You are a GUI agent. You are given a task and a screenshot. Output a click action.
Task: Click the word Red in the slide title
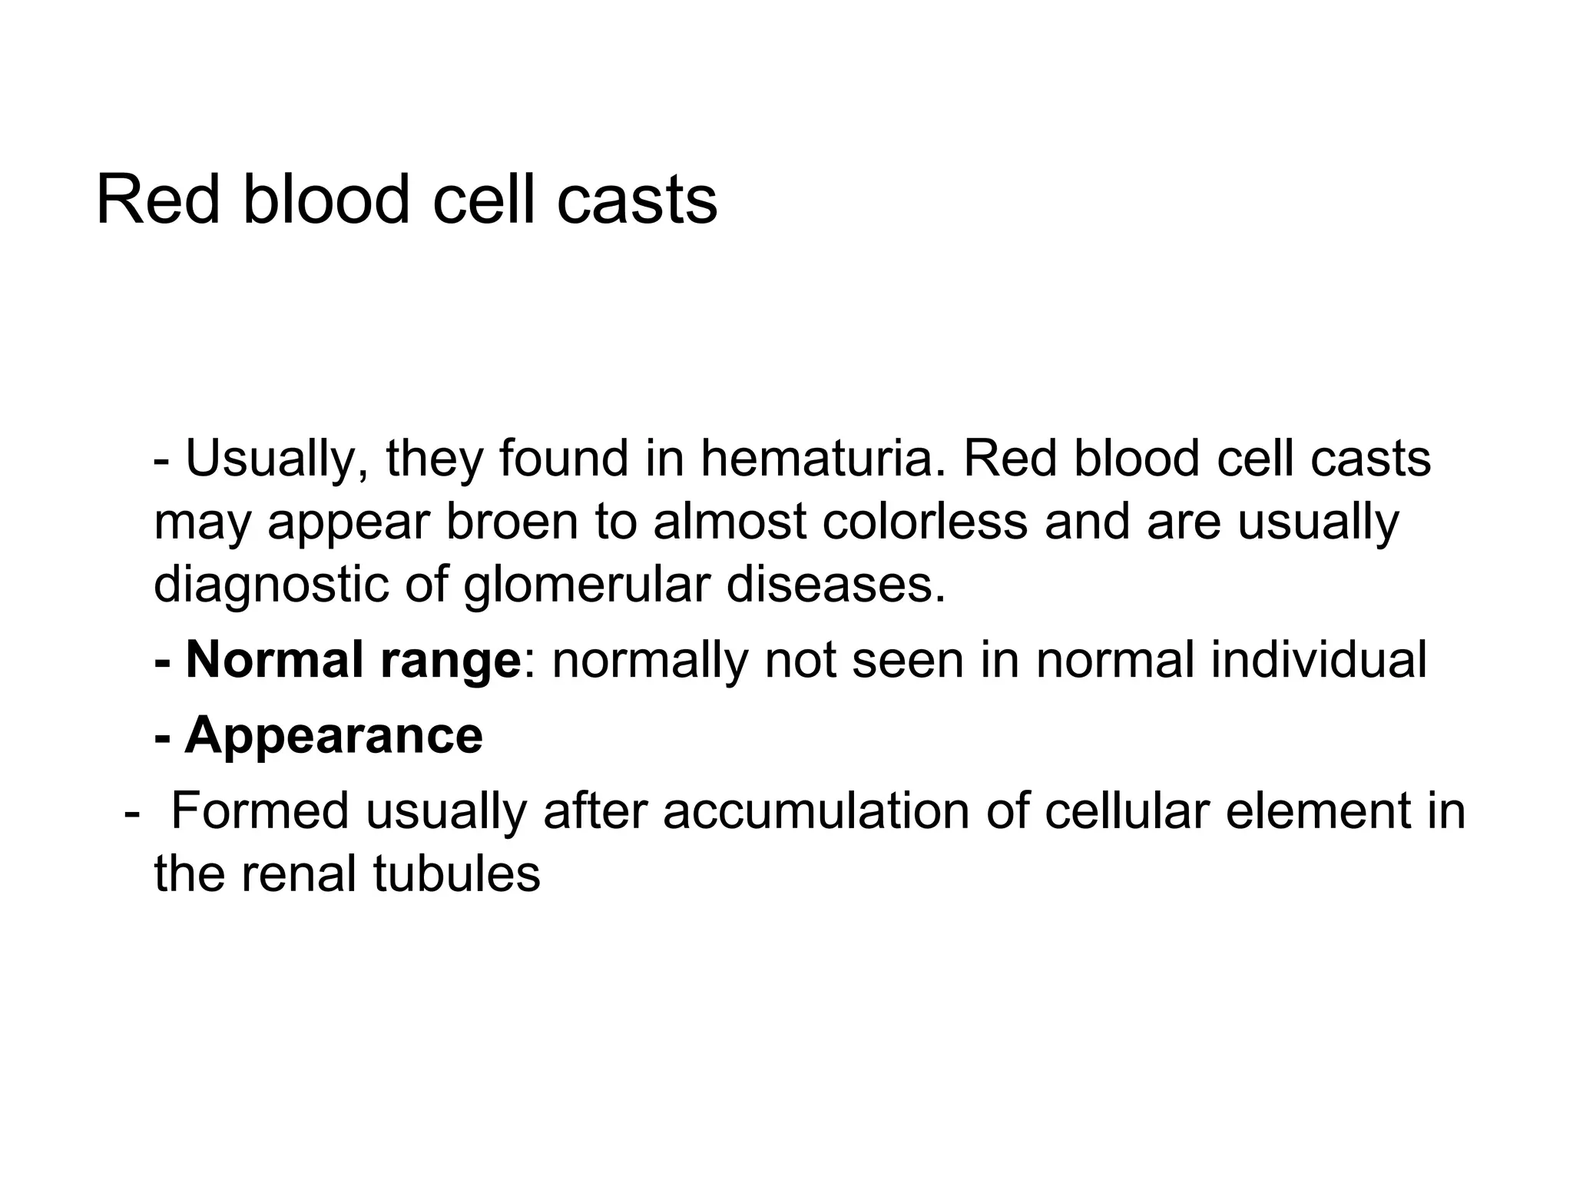(158, 200)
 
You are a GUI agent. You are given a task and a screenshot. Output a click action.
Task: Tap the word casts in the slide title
(637, 200)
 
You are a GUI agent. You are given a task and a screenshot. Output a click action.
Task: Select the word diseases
(835, 585)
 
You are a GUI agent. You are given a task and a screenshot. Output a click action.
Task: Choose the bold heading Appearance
(333, 735)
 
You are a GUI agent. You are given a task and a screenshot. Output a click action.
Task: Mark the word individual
(1318, 660)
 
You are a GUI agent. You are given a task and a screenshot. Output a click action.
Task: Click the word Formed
(260, 810)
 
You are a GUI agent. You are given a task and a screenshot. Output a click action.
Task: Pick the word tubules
(457, 873)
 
